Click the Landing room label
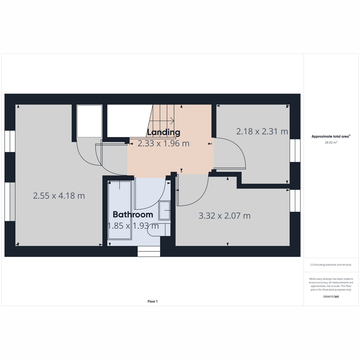[163, 133]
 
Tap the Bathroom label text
[133, 214]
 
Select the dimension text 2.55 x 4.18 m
[59, 196]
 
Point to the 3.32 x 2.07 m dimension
[224, 216]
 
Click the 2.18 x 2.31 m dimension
[262, 131]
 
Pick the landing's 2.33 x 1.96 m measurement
[163, 143]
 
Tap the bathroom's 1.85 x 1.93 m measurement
[133, 226]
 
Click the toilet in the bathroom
[159, 230]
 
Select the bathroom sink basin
[164, 211]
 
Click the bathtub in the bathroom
[120, 210]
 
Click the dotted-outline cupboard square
[89, 121]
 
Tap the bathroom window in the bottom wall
[149, 251]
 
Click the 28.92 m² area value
[331, 142]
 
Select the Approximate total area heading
[331, 136]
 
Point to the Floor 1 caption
[152, 301]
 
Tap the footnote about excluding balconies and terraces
[331, 265]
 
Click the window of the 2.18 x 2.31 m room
[295, 151]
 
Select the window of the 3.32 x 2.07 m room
[295, 201]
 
